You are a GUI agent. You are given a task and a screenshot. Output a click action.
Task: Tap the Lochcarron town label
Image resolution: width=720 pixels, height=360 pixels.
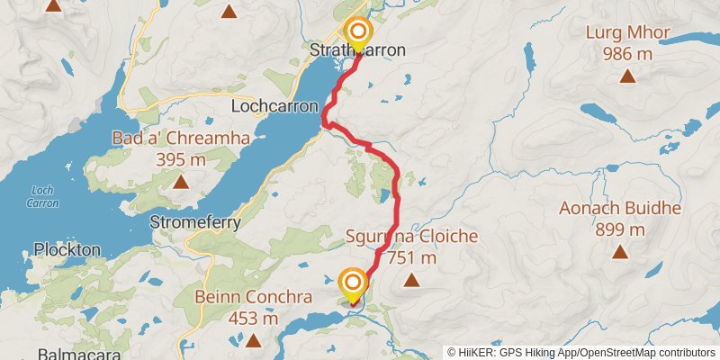pos(275,106)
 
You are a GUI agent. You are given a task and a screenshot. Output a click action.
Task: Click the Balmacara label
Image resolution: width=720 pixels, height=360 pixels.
pos(79,355)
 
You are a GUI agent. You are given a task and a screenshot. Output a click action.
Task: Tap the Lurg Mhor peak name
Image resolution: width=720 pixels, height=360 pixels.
pos(628,34)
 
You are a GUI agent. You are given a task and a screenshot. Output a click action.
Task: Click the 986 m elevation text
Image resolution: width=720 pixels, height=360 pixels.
pos(628,54)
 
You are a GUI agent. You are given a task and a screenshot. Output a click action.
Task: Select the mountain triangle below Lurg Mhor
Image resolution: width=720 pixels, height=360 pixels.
pos(627,76)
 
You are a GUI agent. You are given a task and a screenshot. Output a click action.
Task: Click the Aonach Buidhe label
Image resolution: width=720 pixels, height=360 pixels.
pos(620,209)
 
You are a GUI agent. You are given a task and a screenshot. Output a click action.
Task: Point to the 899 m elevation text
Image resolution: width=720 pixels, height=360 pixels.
pos(620,229)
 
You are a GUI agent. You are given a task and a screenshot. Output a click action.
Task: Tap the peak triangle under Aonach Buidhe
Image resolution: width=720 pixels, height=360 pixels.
pos(620,251)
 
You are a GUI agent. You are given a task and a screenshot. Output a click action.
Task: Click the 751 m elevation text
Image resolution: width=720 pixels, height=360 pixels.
pos(412,258)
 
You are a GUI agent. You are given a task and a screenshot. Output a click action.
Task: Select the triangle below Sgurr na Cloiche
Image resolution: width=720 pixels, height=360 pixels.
pos(412,281)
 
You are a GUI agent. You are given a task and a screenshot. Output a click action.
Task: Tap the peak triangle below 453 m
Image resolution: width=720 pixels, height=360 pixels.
pos(253,340)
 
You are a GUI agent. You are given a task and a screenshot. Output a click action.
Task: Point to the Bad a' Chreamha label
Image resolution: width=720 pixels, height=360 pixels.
pos(181,139)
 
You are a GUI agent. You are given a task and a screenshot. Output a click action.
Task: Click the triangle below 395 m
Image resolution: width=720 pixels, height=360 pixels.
pos(181,182)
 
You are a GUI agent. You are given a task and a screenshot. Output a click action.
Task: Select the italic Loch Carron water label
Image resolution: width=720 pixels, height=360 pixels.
pos(44,196)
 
